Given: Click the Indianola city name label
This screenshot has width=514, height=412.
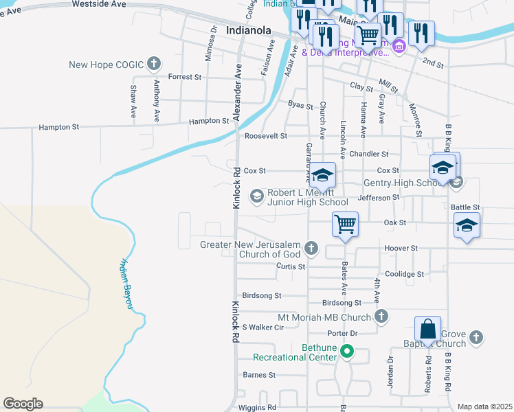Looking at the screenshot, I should point(249,31).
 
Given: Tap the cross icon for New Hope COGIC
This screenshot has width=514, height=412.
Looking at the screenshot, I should point(154,65).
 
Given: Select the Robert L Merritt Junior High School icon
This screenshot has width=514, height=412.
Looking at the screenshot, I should point(257,197).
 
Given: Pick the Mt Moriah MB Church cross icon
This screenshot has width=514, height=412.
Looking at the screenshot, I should point(381,317).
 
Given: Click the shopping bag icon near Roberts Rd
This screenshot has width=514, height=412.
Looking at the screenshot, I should point(427,330).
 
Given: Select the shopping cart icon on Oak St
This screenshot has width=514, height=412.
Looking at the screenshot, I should point(345,224).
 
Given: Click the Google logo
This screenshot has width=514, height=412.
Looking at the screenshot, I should point(23,404).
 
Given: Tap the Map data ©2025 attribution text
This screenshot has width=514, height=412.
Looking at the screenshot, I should point(484,407).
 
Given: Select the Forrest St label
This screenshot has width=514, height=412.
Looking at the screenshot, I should point(184,77).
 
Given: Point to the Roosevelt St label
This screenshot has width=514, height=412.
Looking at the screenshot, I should point(266,136).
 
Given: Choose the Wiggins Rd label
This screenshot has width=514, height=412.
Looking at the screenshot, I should point(257,407).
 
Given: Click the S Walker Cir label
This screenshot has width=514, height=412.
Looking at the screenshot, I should point(262,328).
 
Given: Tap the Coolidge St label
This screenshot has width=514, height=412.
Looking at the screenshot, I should point(405,274).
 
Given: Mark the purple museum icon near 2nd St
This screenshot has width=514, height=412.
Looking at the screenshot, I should point(399,47).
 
